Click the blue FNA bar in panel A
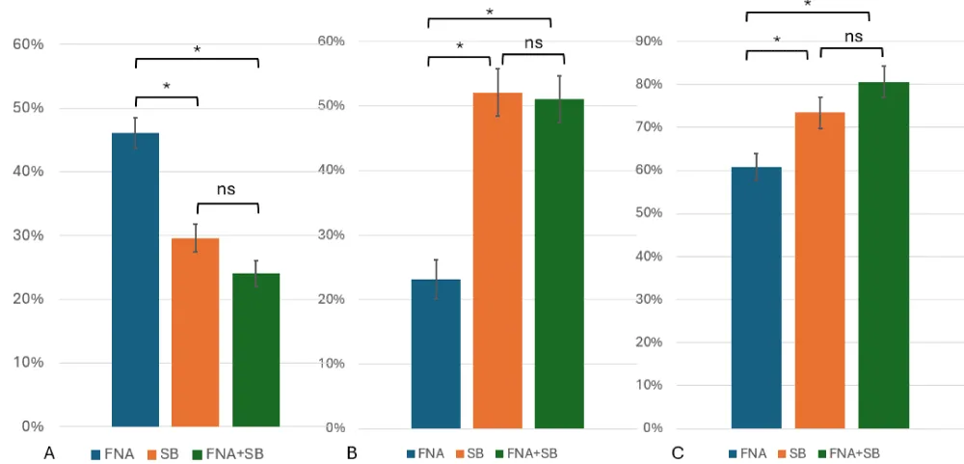pos(135,280)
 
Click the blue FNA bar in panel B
pos(436,353)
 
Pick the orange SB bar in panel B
pos(497,260)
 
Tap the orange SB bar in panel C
pos(819,270)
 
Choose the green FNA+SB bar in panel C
pos(883,255)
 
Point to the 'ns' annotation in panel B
pos(533,42)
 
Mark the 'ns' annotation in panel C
pos(853,37)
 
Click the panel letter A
pos(47,452)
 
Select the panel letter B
pos(352,452)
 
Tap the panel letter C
pos(678,452)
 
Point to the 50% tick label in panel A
pos(27,108)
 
